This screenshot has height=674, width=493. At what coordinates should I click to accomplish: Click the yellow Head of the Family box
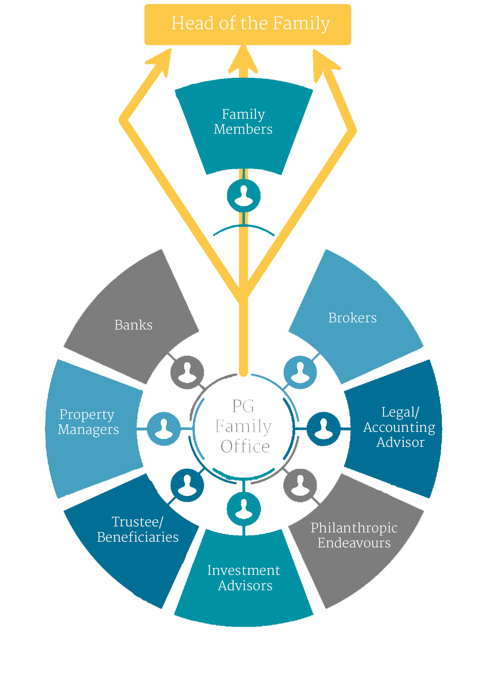(247, 24)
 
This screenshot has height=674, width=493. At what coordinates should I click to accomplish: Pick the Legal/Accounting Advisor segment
(396, 428)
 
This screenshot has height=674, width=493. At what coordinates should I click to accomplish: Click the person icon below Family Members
(244, 196)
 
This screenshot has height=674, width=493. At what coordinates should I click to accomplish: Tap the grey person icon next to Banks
(187, 372)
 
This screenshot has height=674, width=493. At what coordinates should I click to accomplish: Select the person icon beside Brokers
(300, 372)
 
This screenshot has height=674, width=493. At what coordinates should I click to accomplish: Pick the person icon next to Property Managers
(164, 429)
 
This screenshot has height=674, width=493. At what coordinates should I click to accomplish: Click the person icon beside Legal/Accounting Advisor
(323, 429)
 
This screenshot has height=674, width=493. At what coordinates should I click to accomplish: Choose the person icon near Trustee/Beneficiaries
(187, 485)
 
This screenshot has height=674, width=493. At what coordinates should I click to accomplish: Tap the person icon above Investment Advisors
(244, 509)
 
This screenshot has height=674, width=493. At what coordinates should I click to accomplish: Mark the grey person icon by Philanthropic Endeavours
(300, 485)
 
